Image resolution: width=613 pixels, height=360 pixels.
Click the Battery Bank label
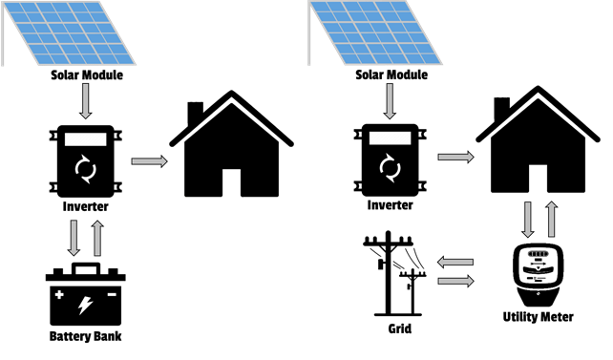tap(86, 337)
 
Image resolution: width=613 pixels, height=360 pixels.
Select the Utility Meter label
tap(538, 316)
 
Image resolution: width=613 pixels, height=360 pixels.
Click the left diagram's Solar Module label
tap(87, 74)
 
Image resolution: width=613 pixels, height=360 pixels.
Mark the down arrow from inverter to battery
tap(72, 236)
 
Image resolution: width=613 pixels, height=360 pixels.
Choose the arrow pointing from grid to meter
tap(455, 281)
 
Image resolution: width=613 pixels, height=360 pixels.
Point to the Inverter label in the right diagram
tap(389, 204)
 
